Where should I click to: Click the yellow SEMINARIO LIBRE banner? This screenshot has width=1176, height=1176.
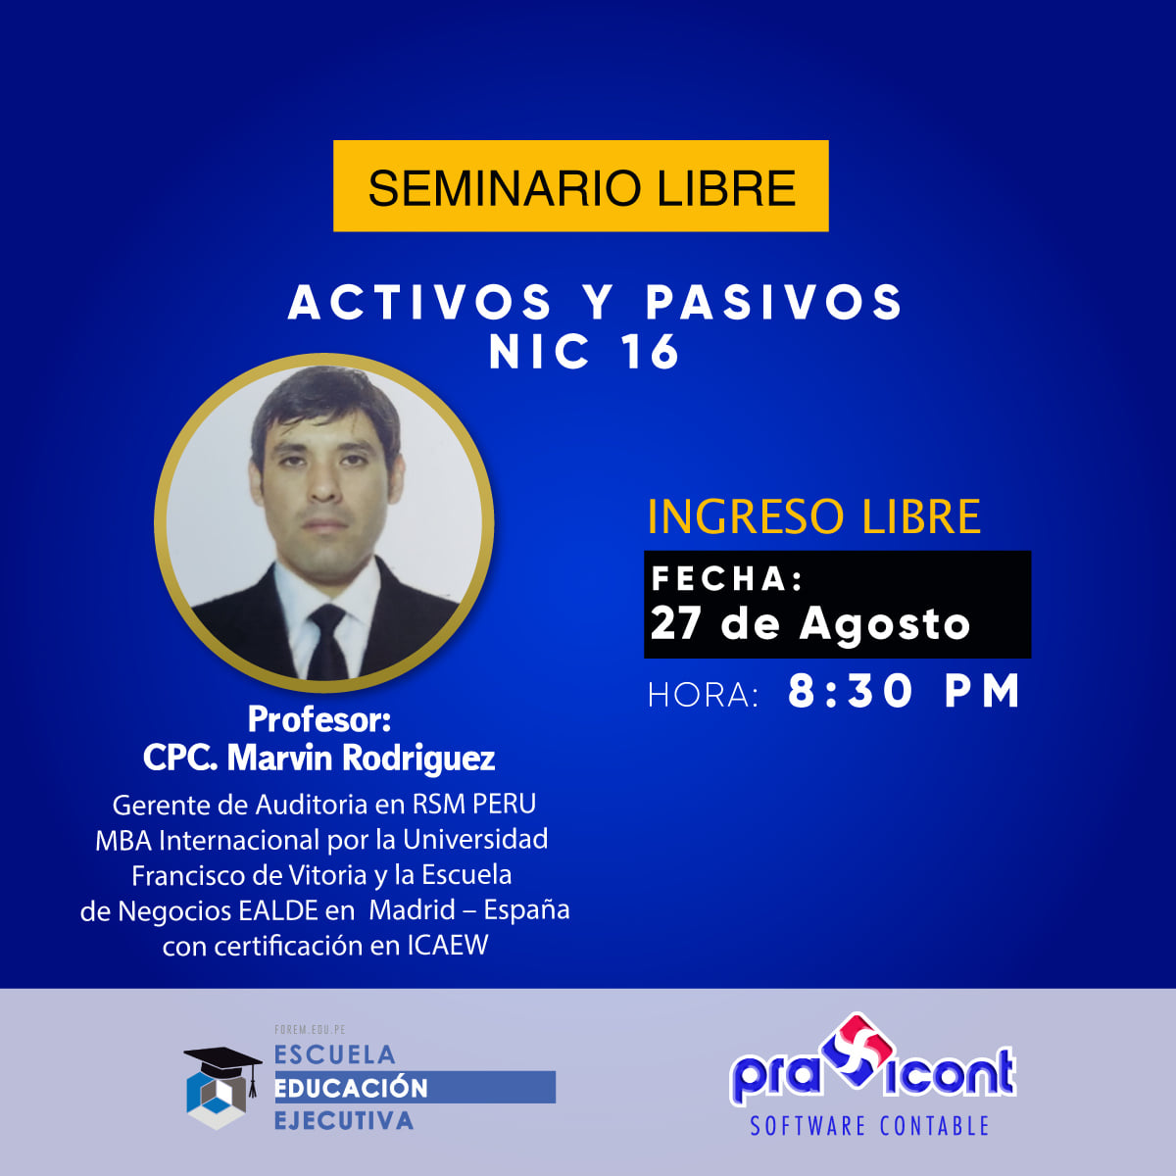tap(580, 186)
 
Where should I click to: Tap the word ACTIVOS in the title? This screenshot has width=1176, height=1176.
tap(420, 302)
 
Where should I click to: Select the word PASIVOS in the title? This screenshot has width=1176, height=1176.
tap(774, 302)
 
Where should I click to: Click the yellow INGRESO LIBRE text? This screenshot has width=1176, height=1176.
tap(813, 516)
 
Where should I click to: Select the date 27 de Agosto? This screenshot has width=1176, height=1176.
tap(809, 623)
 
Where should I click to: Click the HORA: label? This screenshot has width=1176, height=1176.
tap(703, 695)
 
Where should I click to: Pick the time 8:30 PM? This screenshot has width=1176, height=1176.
tap(904, 692)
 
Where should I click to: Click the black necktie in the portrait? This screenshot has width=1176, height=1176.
tap(326, 642)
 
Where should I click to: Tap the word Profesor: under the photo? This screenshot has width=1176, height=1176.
tap(319, 719)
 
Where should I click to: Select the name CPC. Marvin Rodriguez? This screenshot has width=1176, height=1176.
tap(319, 758)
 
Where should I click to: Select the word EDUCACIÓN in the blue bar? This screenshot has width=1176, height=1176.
tap(351, 1088)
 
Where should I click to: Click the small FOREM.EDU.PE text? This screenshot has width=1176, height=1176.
tap(310, 1030)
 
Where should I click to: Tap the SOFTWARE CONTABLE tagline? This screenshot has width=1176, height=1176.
tap(869, 1127)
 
